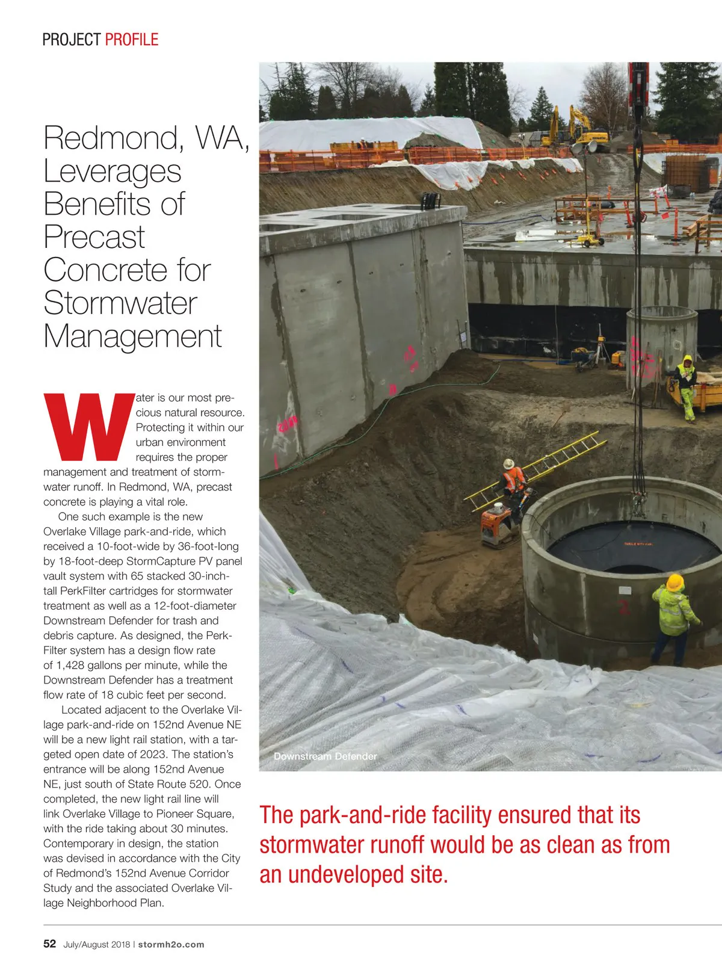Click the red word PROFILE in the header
click(131, 40)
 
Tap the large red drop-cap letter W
click(89, 426)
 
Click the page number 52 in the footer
click(49, 944)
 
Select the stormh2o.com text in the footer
click(171, 944)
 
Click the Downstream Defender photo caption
click(325, 756)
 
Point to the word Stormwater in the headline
click(120, 303)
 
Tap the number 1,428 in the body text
click(75, 665)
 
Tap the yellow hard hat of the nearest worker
click(675, 582)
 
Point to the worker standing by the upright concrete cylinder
click(686, 385)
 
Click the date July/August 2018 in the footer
click(96, 944)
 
